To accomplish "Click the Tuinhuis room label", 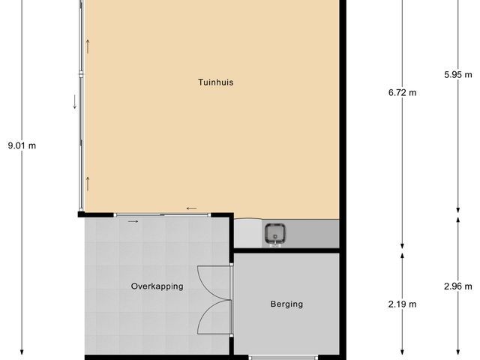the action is (216, 82).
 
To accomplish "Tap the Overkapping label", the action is (157, 286).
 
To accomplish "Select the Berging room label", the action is (286, 304).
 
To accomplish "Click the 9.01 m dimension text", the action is (22, 145).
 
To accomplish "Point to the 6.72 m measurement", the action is (402, 92).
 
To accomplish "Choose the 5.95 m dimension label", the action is (458, 74).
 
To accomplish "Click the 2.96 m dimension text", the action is (458, 286).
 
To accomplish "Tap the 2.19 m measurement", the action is (402, 304).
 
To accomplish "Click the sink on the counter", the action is (275, 235).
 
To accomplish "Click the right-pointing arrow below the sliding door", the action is (133, 221).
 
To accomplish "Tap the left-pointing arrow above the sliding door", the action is (192, 208).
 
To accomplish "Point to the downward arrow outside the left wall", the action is (74, 102).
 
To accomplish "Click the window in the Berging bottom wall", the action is (283, 358).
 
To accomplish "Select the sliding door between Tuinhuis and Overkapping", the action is (162, 215).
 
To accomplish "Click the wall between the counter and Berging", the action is (286, 250).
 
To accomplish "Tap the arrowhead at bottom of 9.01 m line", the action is (22, 352).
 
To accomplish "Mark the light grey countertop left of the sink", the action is (248, 233).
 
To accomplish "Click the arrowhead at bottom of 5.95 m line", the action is (458, 210).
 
